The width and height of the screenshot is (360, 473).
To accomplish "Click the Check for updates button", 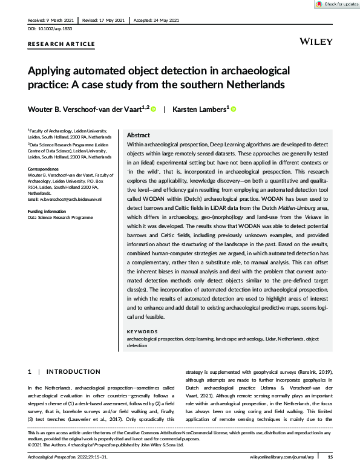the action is (336, 4).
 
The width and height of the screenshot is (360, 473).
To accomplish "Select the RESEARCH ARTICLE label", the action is (61, 44).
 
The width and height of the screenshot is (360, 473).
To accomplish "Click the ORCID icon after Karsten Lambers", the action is (232, 109).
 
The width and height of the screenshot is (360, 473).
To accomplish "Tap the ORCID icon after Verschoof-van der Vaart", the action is (153, 109).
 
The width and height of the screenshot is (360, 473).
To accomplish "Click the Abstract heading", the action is (139, 136).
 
